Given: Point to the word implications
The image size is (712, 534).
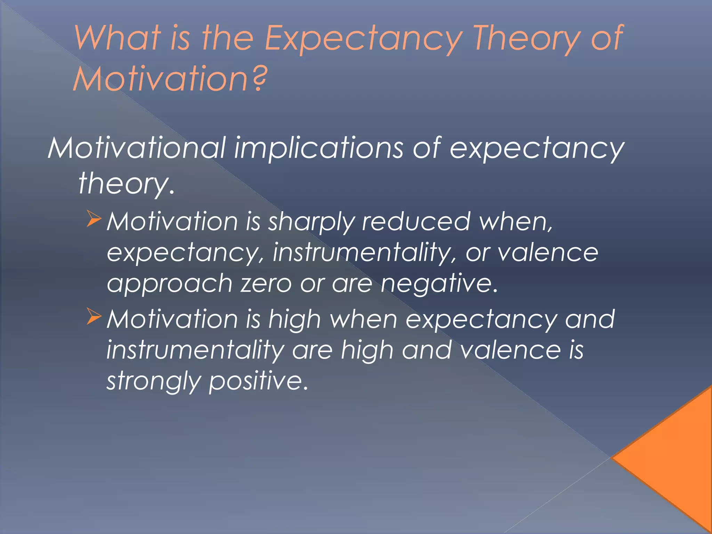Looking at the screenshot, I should (x=318, y=148).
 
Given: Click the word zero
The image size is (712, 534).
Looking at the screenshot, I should (x=266, y=284).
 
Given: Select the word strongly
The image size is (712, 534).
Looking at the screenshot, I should (x=153, y=382).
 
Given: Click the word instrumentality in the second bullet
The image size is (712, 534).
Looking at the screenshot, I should (x=195, y=350).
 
